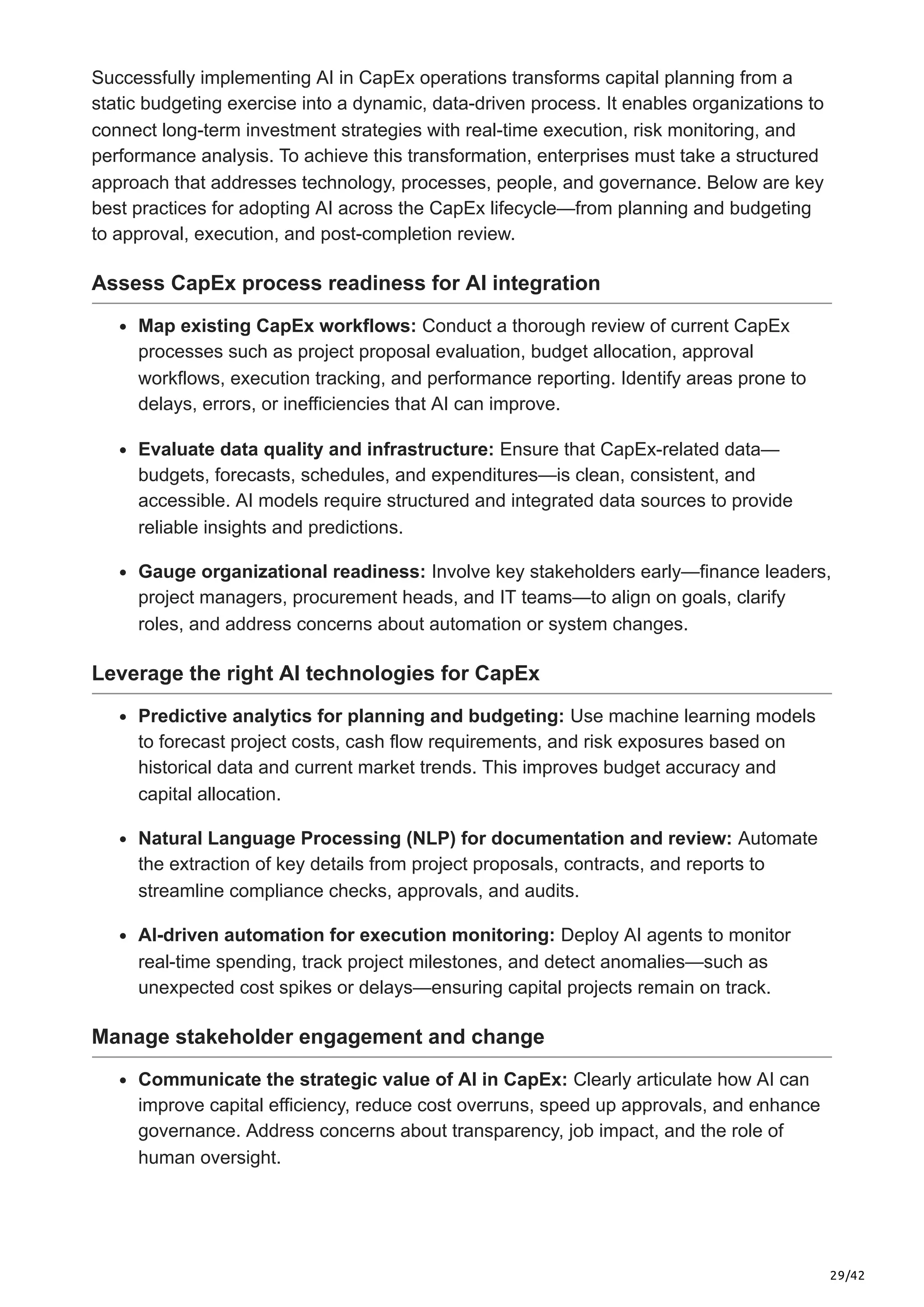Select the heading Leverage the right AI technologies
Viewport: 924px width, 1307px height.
coord(315,673)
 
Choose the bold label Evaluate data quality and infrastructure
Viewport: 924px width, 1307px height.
coord(316,449)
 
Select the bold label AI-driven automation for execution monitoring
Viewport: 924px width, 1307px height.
coord(346,935)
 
